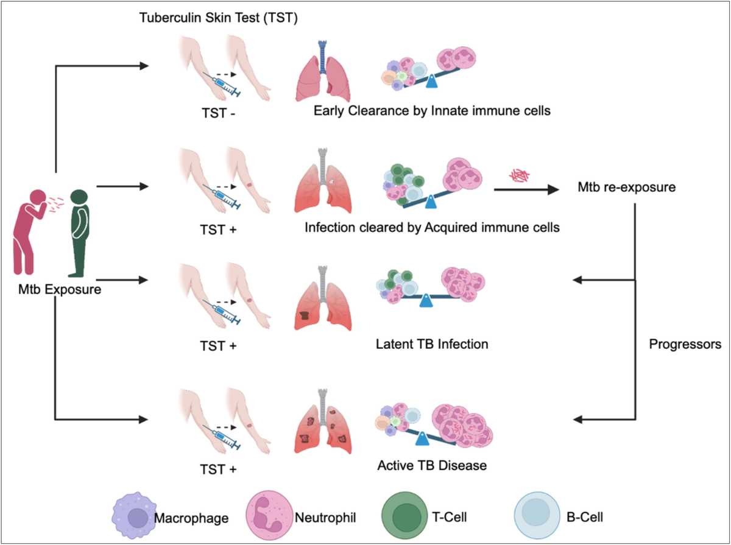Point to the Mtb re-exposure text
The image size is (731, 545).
point(626,186)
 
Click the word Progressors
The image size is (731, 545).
point(685,343)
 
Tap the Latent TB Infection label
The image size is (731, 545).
point(431,344)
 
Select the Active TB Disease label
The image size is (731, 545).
point(432,466)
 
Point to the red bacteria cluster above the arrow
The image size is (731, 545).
point(520,176)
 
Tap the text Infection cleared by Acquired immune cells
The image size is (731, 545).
point(432,228)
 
